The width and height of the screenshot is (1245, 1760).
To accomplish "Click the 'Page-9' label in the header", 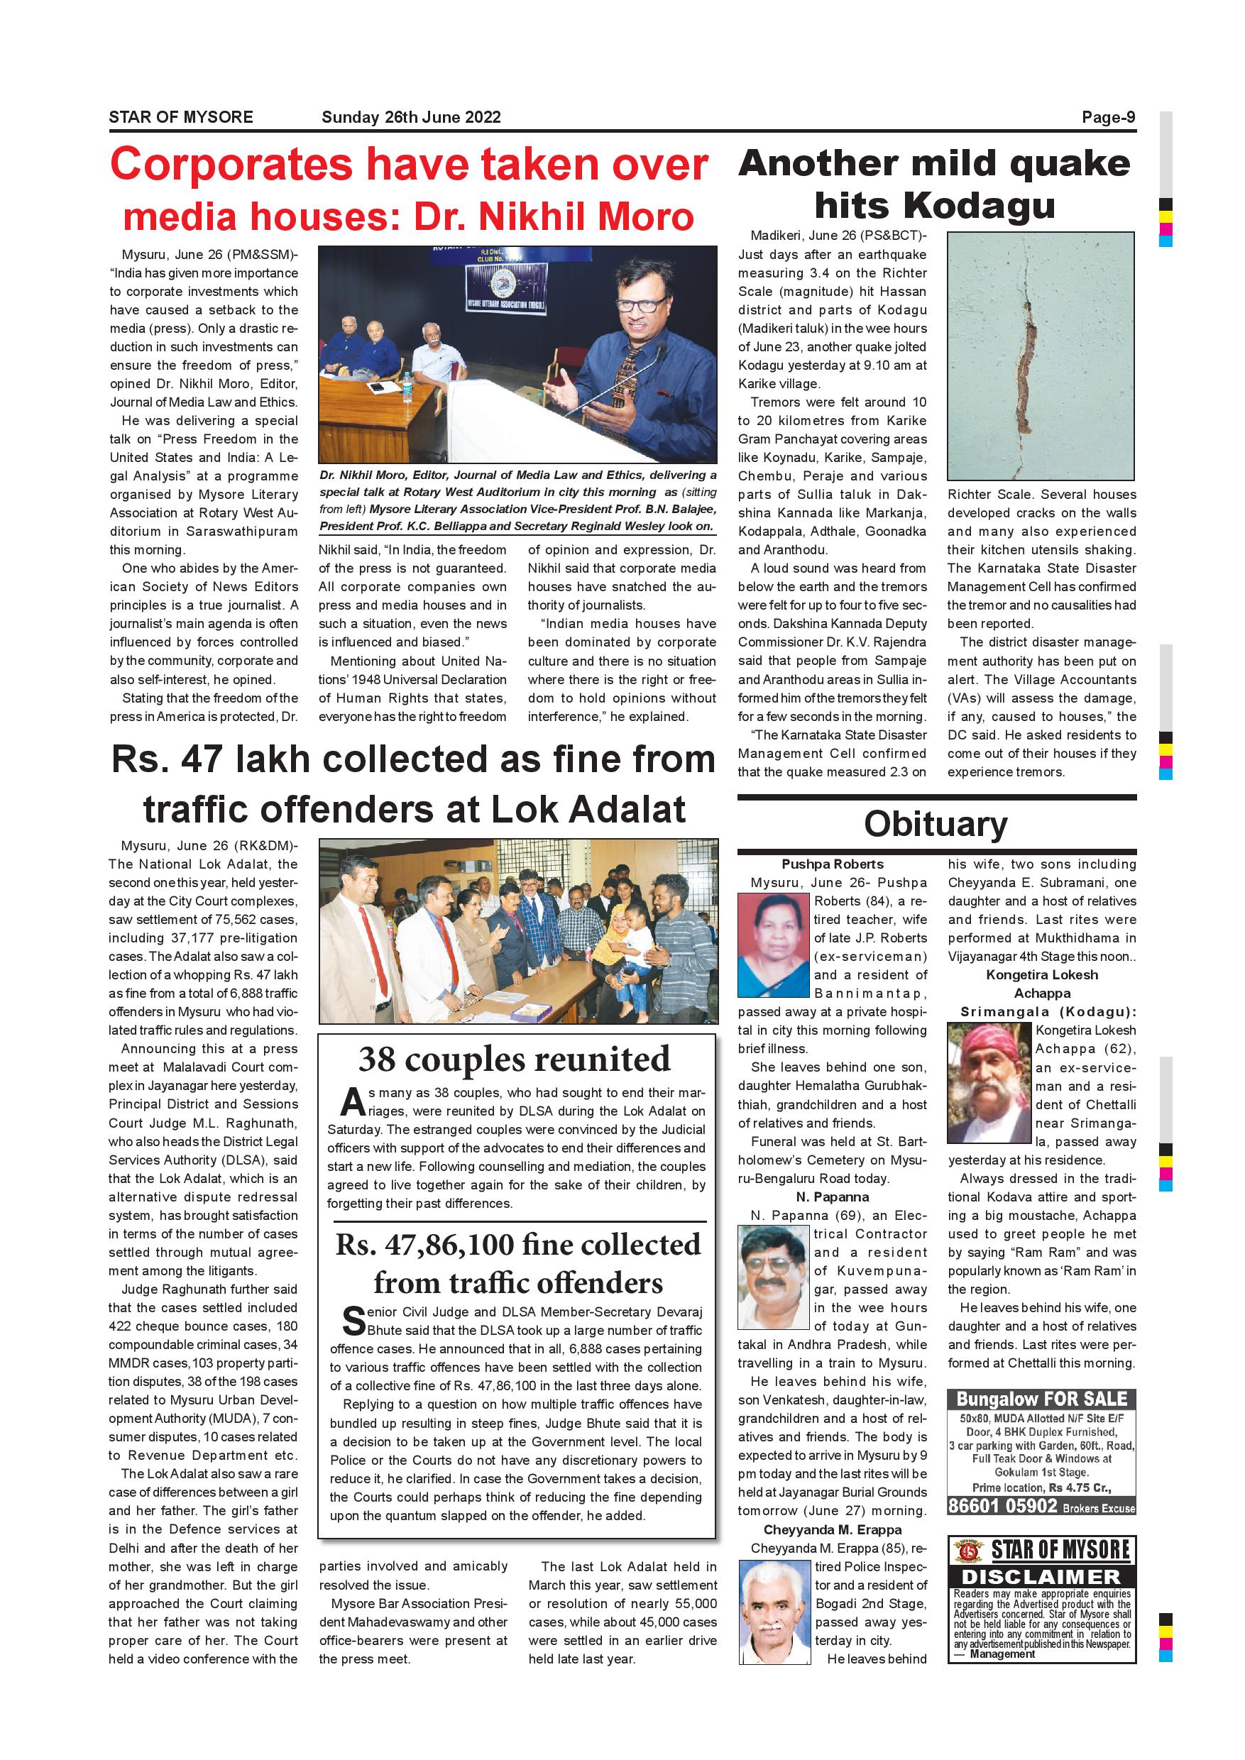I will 1108,117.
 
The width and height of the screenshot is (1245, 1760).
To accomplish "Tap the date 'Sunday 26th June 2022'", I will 411,117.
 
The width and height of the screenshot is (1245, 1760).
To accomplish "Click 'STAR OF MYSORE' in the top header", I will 181,117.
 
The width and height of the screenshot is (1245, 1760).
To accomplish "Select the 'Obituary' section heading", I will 936,824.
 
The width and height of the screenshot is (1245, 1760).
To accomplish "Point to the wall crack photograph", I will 1040,356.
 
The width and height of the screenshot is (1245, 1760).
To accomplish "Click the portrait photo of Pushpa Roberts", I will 773,945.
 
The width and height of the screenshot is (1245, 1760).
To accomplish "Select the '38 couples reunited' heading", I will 515,1060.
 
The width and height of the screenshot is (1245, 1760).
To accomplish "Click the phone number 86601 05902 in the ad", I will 1003,1505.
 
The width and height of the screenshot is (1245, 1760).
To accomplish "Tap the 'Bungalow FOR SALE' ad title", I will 1041,1399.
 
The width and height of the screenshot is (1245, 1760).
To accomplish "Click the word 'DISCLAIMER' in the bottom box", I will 1041,1577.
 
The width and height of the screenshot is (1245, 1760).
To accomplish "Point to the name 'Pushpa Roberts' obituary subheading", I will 832,864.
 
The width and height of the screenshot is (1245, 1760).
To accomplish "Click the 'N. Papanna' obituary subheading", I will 832,1197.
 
